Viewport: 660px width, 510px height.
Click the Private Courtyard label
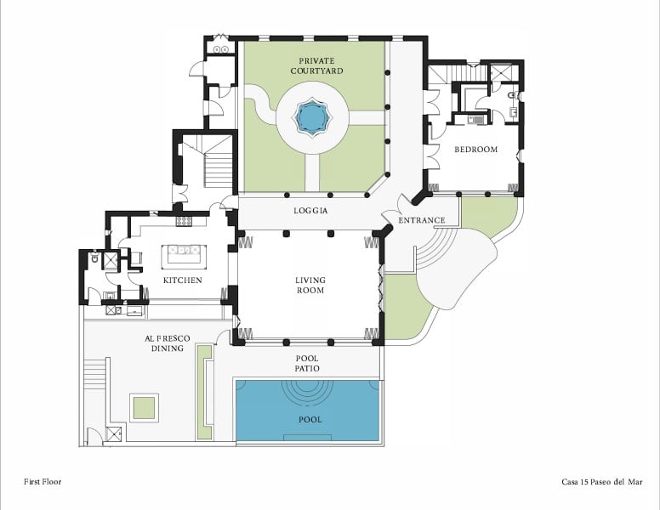pyautogui.click(x=316, y=66)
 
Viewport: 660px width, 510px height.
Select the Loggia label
pyautogui.click(x=310, y=211)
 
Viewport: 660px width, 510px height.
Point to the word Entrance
pyautogui.click(x=421, y=220)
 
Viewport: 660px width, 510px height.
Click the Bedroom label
pyautogui.click(x=475, y=150)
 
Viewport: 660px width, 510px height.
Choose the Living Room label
pyautogui.click(x=310, y=285)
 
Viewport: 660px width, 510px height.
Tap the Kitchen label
pyautogui.click(x=182, y=280)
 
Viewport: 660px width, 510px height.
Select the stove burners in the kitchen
pyautogui.click(x=184, y=221)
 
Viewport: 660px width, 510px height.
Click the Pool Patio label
pyautogui.click(x=307, y=364)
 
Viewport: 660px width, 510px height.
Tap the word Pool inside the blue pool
pyautogui.click(x=310, y=420)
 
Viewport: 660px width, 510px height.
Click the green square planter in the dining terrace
pyautogui.click(x=144, y=408)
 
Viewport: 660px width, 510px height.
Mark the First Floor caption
pyautogui.click(x=43, y=481)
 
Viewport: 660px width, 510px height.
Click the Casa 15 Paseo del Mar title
pyautogui.click(x=602, y=482)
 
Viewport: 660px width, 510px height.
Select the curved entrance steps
pyautogui.click(x=435, y=248)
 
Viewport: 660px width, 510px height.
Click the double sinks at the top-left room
pyautogui.click(x=221, y=49)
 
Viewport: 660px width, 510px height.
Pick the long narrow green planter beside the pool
pyautogui.click(x=204, y=392)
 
